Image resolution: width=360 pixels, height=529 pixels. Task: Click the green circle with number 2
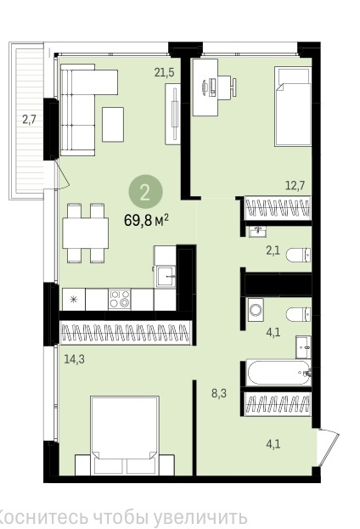(x=145, y=192)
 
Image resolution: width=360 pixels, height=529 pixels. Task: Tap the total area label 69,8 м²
(x=146, y=221)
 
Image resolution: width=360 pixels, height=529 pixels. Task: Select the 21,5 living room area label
(x=165, y=72)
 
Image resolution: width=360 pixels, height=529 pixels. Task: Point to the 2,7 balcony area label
(x=29, y=120)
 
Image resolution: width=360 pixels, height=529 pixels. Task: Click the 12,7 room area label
(x=295, y=185)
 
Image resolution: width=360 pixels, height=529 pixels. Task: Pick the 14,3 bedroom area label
(x=75, y=359)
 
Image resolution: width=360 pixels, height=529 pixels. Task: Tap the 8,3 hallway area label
(x=219, y=393)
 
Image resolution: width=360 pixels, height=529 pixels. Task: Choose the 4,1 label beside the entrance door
(x=273, y=444)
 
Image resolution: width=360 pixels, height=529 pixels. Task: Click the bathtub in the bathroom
(x=278, y=373)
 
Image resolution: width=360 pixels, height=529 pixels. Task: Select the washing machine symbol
(x=256, y=309)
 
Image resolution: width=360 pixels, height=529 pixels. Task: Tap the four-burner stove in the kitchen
(x=120, y=299)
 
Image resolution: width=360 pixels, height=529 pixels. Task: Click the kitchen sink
(x=166, y=277)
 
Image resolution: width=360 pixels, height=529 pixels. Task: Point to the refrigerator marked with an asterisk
(x=74, y=299)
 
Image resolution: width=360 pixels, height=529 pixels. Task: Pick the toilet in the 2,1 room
(x=299, y=255)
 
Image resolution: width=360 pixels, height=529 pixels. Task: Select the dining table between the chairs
(x=86, y=234)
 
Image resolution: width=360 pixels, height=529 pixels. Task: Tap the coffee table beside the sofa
(x=113, y=125)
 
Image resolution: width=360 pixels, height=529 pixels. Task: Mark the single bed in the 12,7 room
(x=293, y=106)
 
